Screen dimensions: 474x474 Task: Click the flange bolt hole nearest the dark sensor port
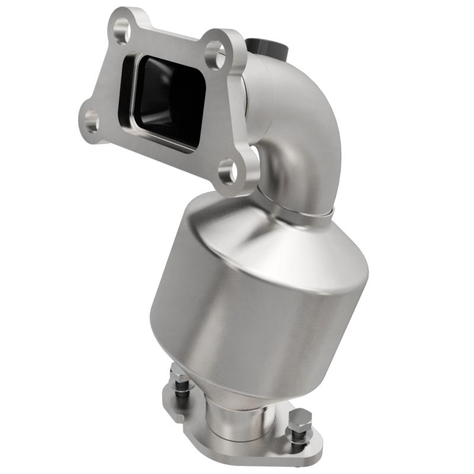[x=217, y=54]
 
